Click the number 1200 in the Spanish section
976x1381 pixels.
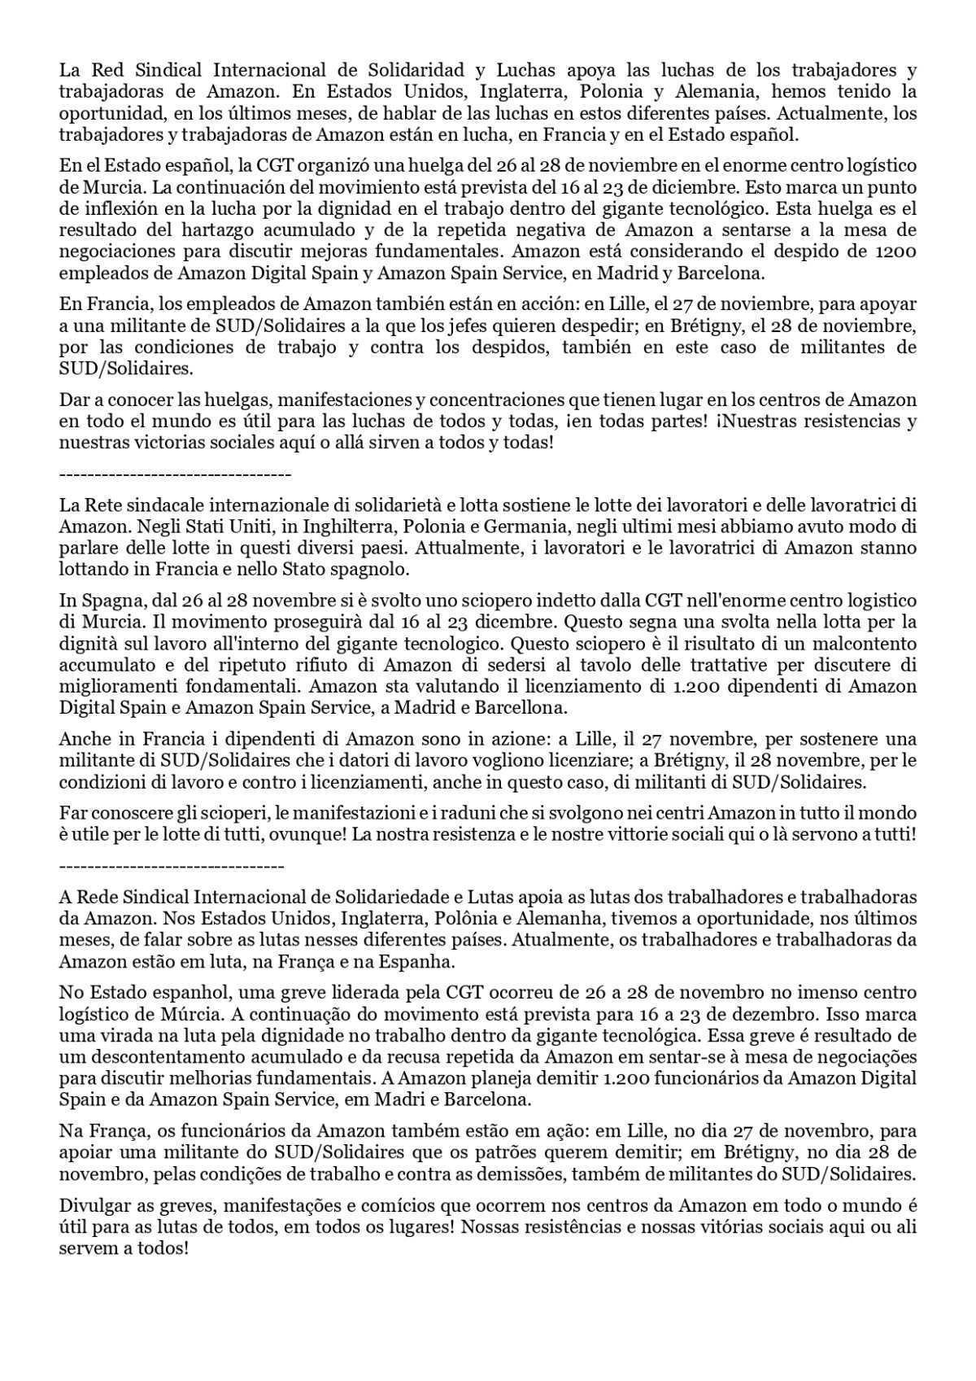click(x=897, y=251)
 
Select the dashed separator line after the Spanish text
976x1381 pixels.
click(x=175, y=474)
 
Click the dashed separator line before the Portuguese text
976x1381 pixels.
click(x=172, y=867)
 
